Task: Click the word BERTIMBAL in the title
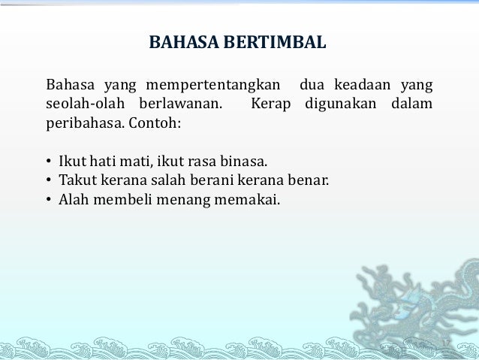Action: point(280,43)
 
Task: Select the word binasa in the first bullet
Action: point(244,161)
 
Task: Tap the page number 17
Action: point(445,343)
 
